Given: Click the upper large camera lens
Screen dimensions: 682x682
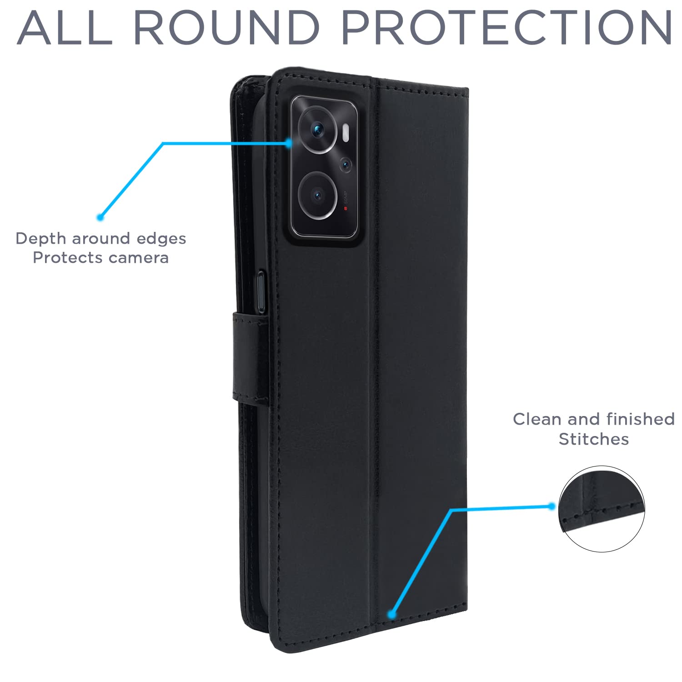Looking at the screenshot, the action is point(317,131).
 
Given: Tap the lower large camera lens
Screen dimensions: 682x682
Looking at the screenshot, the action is point(317,196).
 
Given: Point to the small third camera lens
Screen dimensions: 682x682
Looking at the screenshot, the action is point(346,164).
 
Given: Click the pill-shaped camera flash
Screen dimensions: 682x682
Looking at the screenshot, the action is point(346,132).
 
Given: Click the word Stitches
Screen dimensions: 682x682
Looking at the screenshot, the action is point(594,439).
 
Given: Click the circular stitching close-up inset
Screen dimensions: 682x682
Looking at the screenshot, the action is point(602,509).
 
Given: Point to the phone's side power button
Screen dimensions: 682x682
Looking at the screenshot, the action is point(261,291).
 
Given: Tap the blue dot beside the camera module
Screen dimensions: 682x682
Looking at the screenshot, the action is point(288,143).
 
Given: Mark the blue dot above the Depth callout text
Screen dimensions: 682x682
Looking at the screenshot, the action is point(100,217).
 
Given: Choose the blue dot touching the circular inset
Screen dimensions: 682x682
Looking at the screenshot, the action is point(552,506).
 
